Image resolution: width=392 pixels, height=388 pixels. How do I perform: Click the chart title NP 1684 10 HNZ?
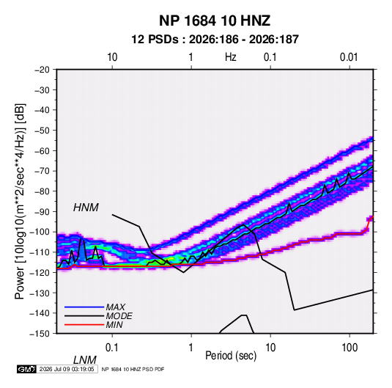click(215, 21)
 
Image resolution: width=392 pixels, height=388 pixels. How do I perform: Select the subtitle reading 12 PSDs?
click(155, 40)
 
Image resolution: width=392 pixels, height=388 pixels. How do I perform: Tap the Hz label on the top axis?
click(231, 57)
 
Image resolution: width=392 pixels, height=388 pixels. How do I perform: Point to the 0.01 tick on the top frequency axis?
click(349, 57)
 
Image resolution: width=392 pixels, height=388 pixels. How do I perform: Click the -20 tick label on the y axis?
click(42, 70)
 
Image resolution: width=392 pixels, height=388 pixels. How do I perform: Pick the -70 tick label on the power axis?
click(42, 171)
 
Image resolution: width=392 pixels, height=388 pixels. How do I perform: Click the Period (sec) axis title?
click(231, 356)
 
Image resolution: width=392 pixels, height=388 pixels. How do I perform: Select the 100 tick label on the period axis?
click(350, 348)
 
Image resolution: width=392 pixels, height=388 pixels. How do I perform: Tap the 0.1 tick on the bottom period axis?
click(112, 348)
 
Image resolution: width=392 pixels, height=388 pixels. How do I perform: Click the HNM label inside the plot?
click(86, 208)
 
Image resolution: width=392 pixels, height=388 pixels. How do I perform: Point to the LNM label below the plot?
click(85, 360)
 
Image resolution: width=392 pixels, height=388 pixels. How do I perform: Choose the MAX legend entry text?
click(116, 307)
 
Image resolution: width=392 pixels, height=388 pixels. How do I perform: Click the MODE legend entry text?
click(119, 316)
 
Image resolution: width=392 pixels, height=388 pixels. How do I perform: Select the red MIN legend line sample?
click(84, 325)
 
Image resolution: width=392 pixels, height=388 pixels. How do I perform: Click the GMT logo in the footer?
click(26, 369)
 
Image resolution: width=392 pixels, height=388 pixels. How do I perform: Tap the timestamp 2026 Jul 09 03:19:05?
click(67, 369)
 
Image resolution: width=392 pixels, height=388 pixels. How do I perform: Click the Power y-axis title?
click(20, 201)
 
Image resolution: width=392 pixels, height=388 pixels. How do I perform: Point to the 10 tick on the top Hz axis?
click(112, 57)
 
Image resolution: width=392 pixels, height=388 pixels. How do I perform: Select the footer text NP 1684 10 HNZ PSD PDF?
click(133, 369)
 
